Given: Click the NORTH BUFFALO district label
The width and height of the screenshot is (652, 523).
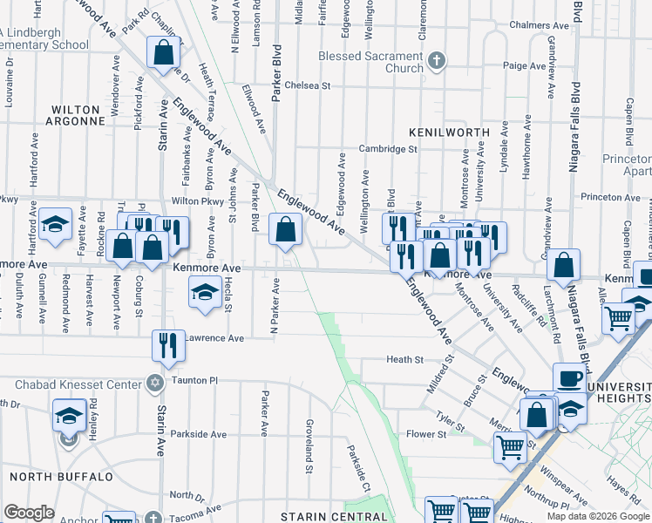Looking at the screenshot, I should click(61, 477).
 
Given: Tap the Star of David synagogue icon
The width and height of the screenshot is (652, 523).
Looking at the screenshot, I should click(155, 384).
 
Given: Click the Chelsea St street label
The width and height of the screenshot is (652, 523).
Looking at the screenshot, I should click(310, 86).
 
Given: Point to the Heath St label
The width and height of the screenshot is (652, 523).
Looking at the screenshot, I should click(405, 359).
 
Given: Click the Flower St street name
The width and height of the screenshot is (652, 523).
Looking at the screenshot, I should click(425, 433).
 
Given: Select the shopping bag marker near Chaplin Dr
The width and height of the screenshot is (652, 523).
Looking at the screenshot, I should click(163, 53).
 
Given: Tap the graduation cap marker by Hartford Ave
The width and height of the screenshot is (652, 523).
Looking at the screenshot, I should click(55, 224).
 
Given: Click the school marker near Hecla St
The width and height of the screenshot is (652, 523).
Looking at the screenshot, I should click(205, 291).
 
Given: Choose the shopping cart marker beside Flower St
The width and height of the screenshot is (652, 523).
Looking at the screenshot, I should click(510, 447).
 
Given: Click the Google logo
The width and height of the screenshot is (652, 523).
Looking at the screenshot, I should click(29, 513).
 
